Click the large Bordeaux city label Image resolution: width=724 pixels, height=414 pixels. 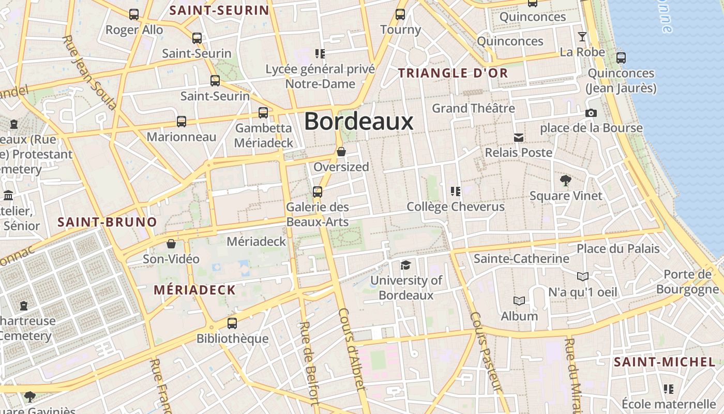tap(358, 122)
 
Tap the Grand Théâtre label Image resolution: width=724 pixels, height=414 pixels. tap(473, 108)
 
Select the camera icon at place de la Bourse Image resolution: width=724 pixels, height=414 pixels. tap(591, 113)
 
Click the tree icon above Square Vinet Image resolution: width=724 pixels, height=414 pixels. tap(566, 181)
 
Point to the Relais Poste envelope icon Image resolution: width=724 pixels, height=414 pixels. tap(518, 138)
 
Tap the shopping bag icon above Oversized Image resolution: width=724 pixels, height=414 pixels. tap(341, 152)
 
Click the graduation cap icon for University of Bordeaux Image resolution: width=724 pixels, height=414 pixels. tap(406, 265)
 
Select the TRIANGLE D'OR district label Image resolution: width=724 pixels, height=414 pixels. tap(453, 73)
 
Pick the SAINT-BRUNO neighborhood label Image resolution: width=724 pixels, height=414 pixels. tap(107, 223)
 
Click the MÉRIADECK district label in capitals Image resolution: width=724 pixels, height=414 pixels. tap(194, 290)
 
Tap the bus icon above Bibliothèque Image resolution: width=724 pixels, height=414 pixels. tap(232, 323)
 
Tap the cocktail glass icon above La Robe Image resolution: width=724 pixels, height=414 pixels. tap(582, 37)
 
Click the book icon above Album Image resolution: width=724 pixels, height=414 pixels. tap(519, 301)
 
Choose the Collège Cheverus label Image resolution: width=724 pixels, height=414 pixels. tap(456, 207)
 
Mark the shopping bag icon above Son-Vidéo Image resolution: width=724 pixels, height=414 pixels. tap(171, 244)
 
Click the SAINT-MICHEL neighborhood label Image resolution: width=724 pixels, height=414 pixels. tap(664, 362)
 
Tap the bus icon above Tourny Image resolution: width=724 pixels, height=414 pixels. tap(400, 14)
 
